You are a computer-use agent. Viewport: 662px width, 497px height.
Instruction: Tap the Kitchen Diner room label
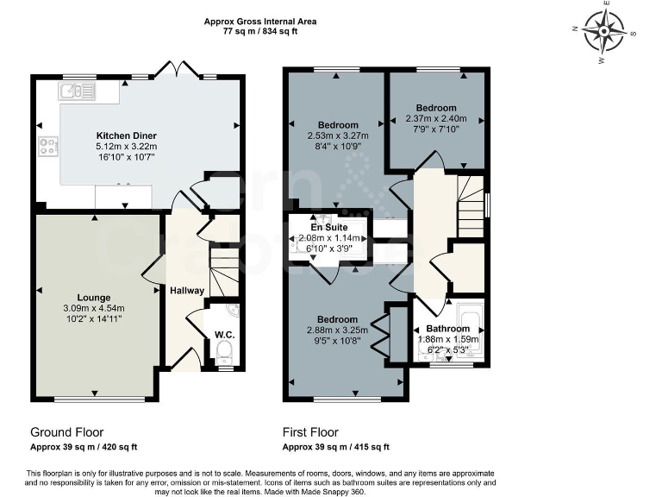coord(127,136)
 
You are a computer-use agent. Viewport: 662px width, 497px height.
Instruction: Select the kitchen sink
coord(77,91)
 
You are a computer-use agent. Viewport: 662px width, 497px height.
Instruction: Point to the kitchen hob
coord(48,147)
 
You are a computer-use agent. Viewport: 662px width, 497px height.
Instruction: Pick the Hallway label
coord(186,291)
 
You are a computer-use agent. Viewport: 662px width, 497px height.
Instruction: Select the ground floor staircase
coord(224,271)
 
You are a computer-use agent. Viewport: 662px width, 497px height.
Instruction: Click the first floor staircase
coord(471,206)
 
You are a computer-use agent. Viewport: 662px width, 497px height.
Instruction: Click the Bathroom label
coord(448,329)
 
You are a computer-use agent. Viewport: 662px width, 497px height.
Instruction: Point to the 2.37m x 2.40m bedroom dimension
coord(435,119)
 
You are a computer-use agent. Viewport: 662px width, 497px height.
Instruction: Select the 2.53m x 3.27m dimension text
coord(337,135)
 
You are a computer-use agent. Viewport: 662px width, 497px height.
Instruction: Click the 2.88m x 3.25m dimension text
coord(337,330)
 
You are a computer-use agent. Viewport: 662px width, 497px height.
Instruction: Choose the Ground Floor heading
coord(66,432)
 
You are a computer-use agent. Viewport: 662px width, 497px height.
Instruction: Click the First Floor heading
coord(310,432)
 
